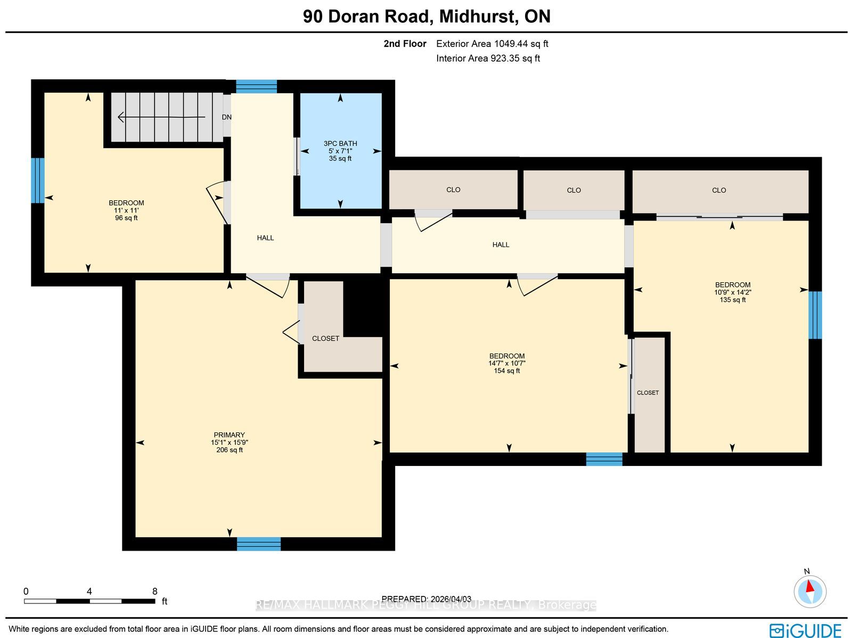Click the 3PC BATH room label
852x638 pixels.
tap(340, 144)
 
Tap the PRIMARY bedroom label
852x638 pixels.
tap(229, 435)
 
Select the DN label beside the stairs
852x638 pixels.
tap(227, 117)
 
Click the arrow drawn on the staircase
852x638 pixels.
tap(161, 117)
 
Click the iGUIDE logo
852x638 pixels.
tap(806, 630)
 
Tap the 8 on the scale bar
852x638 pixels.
tap(154, 591)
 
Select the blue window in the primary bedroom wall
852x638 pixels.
tap(258, 544)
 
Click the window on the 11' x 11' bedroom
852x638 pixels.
tap(38, 181)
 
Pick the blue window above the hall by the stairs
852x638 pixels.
tap(256, 87)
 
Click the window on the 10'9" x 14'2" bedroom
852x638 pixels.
tap(815, 315)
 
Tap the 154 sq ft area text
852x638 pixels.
tap(506, 371)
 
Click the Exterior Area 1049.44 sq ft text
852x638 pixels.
tap(492, 44)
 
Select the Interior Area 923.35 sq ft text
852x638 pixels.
tap(488, 58)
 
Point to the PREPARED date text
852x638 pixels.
tap(426, 599)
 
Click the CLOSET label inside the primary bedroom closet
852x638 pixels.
tap(325, 338)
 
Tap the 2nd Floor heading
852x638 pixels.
tap(405, 44)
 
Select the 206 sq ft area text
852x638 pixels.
tap(230, 450)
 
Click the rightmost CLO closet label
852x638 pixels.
tap(719, 190)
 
